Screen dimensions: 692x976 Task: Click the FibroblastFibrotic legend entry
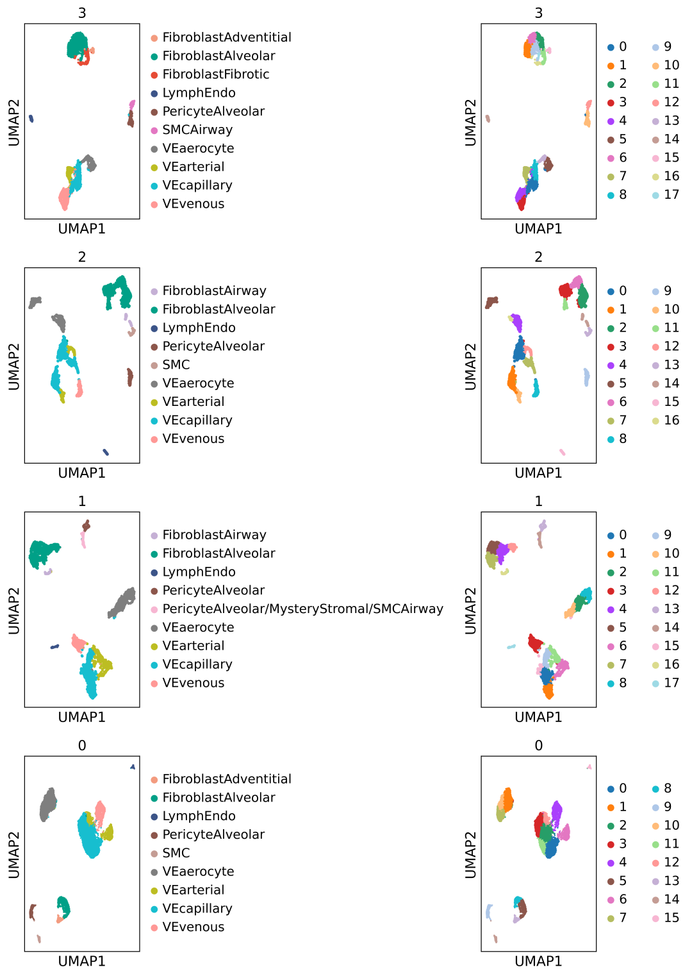[x=210, y=74]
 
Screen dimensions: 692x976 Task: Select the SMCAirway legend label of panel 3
[x=192, y=130]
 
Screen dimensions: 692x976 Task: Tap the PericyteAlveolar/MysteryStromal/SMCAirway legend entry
[x=297, y=609]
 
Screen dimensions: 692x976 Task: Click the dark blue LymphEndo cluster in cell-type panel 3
[x=31, y=118]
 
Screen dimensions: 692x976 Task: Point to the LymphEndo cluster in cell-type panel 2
[x=106, y=452]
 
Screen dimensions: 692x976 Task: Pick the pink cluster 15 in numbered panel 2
[x=562, y=452]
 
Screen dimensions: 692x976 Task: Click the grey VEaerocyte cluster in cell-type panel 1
[x=122, y=603]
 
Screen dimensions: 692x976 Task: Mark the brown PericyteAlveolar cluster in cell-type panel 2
[x=130, y=377]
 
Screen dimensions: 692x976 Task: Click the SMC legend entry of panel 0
[x=170, y=853]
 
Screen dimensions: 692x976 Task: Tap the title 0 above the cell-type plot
[x=82, y=746]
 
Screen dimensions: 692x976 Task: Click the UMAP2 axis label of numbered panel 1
[x=470, y=610]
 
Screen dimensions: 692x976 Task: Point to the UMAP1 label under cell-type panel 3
[x=82, y=229]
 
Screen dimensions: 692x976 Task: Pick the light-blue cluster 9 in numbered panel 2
[x=587, y=377]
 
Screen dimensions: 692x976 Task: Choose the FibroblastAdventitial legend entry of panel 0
[x=221, y=779]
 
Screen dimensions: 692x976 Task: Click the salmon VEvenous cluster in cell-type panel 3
[x=65, y=199]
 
